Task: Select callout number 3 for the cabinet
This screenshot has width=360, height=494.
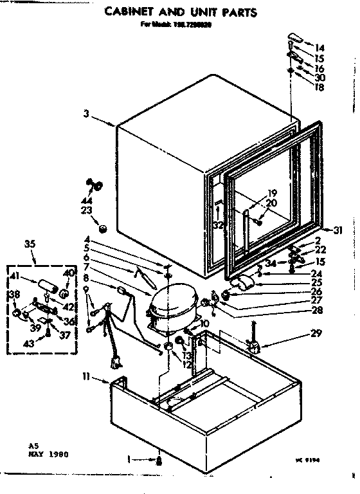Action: (85, 115)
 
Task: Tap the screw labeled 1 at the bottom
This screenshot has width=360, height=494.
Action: (158, 460)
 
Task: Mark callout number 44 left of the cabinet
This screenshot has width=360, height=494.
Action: (86, 194)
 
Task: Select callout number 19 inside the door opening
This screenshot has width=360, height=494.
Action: (272, 193)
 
